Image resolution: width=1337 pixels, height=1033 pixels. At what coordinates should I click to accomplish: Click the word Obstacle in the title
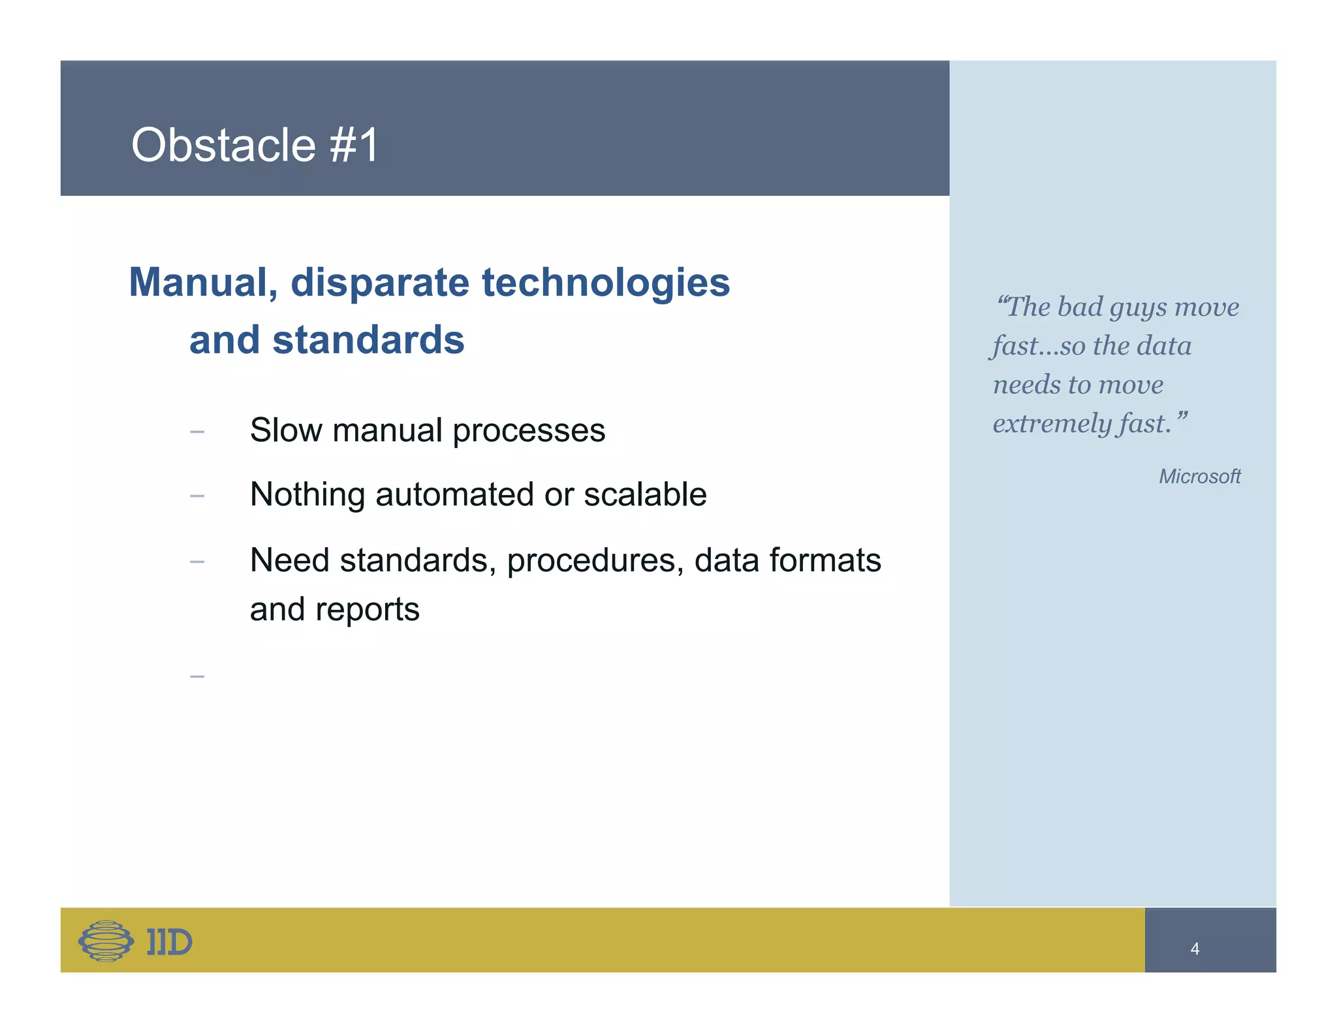(x=223, y=145)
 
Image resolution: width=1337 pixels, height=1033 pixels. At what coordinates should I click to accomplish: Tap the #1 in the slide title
(x=354, y=145)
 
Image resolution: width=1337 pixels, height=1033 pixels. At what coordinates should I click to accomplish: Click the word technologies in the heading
(x=606, y=283)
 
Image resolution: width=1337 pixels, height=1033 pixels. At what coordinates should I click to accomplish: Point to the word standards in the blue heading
(x=368, y=340)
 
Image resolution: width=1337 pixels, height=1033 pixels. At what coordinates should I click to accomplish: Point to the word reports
(x=367, y=610)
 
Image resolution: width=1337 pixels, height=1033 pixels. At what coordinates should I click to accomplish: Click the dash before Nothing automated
(x=197, y=496)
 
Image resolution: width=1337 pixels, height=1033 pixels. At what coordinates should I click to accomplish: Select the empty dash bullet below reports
(x=197, y=676)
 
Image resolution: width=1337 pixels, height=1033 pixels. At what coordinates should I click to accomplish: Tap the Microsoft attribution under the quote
(x=1199, y=477)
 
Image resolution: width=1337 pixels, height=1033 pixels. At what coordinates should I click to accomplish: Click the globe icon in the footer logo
(x=106, y=941)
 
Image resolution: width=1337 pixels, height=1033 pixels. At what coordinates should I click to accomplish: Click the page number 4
(x=1195, y=949)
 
